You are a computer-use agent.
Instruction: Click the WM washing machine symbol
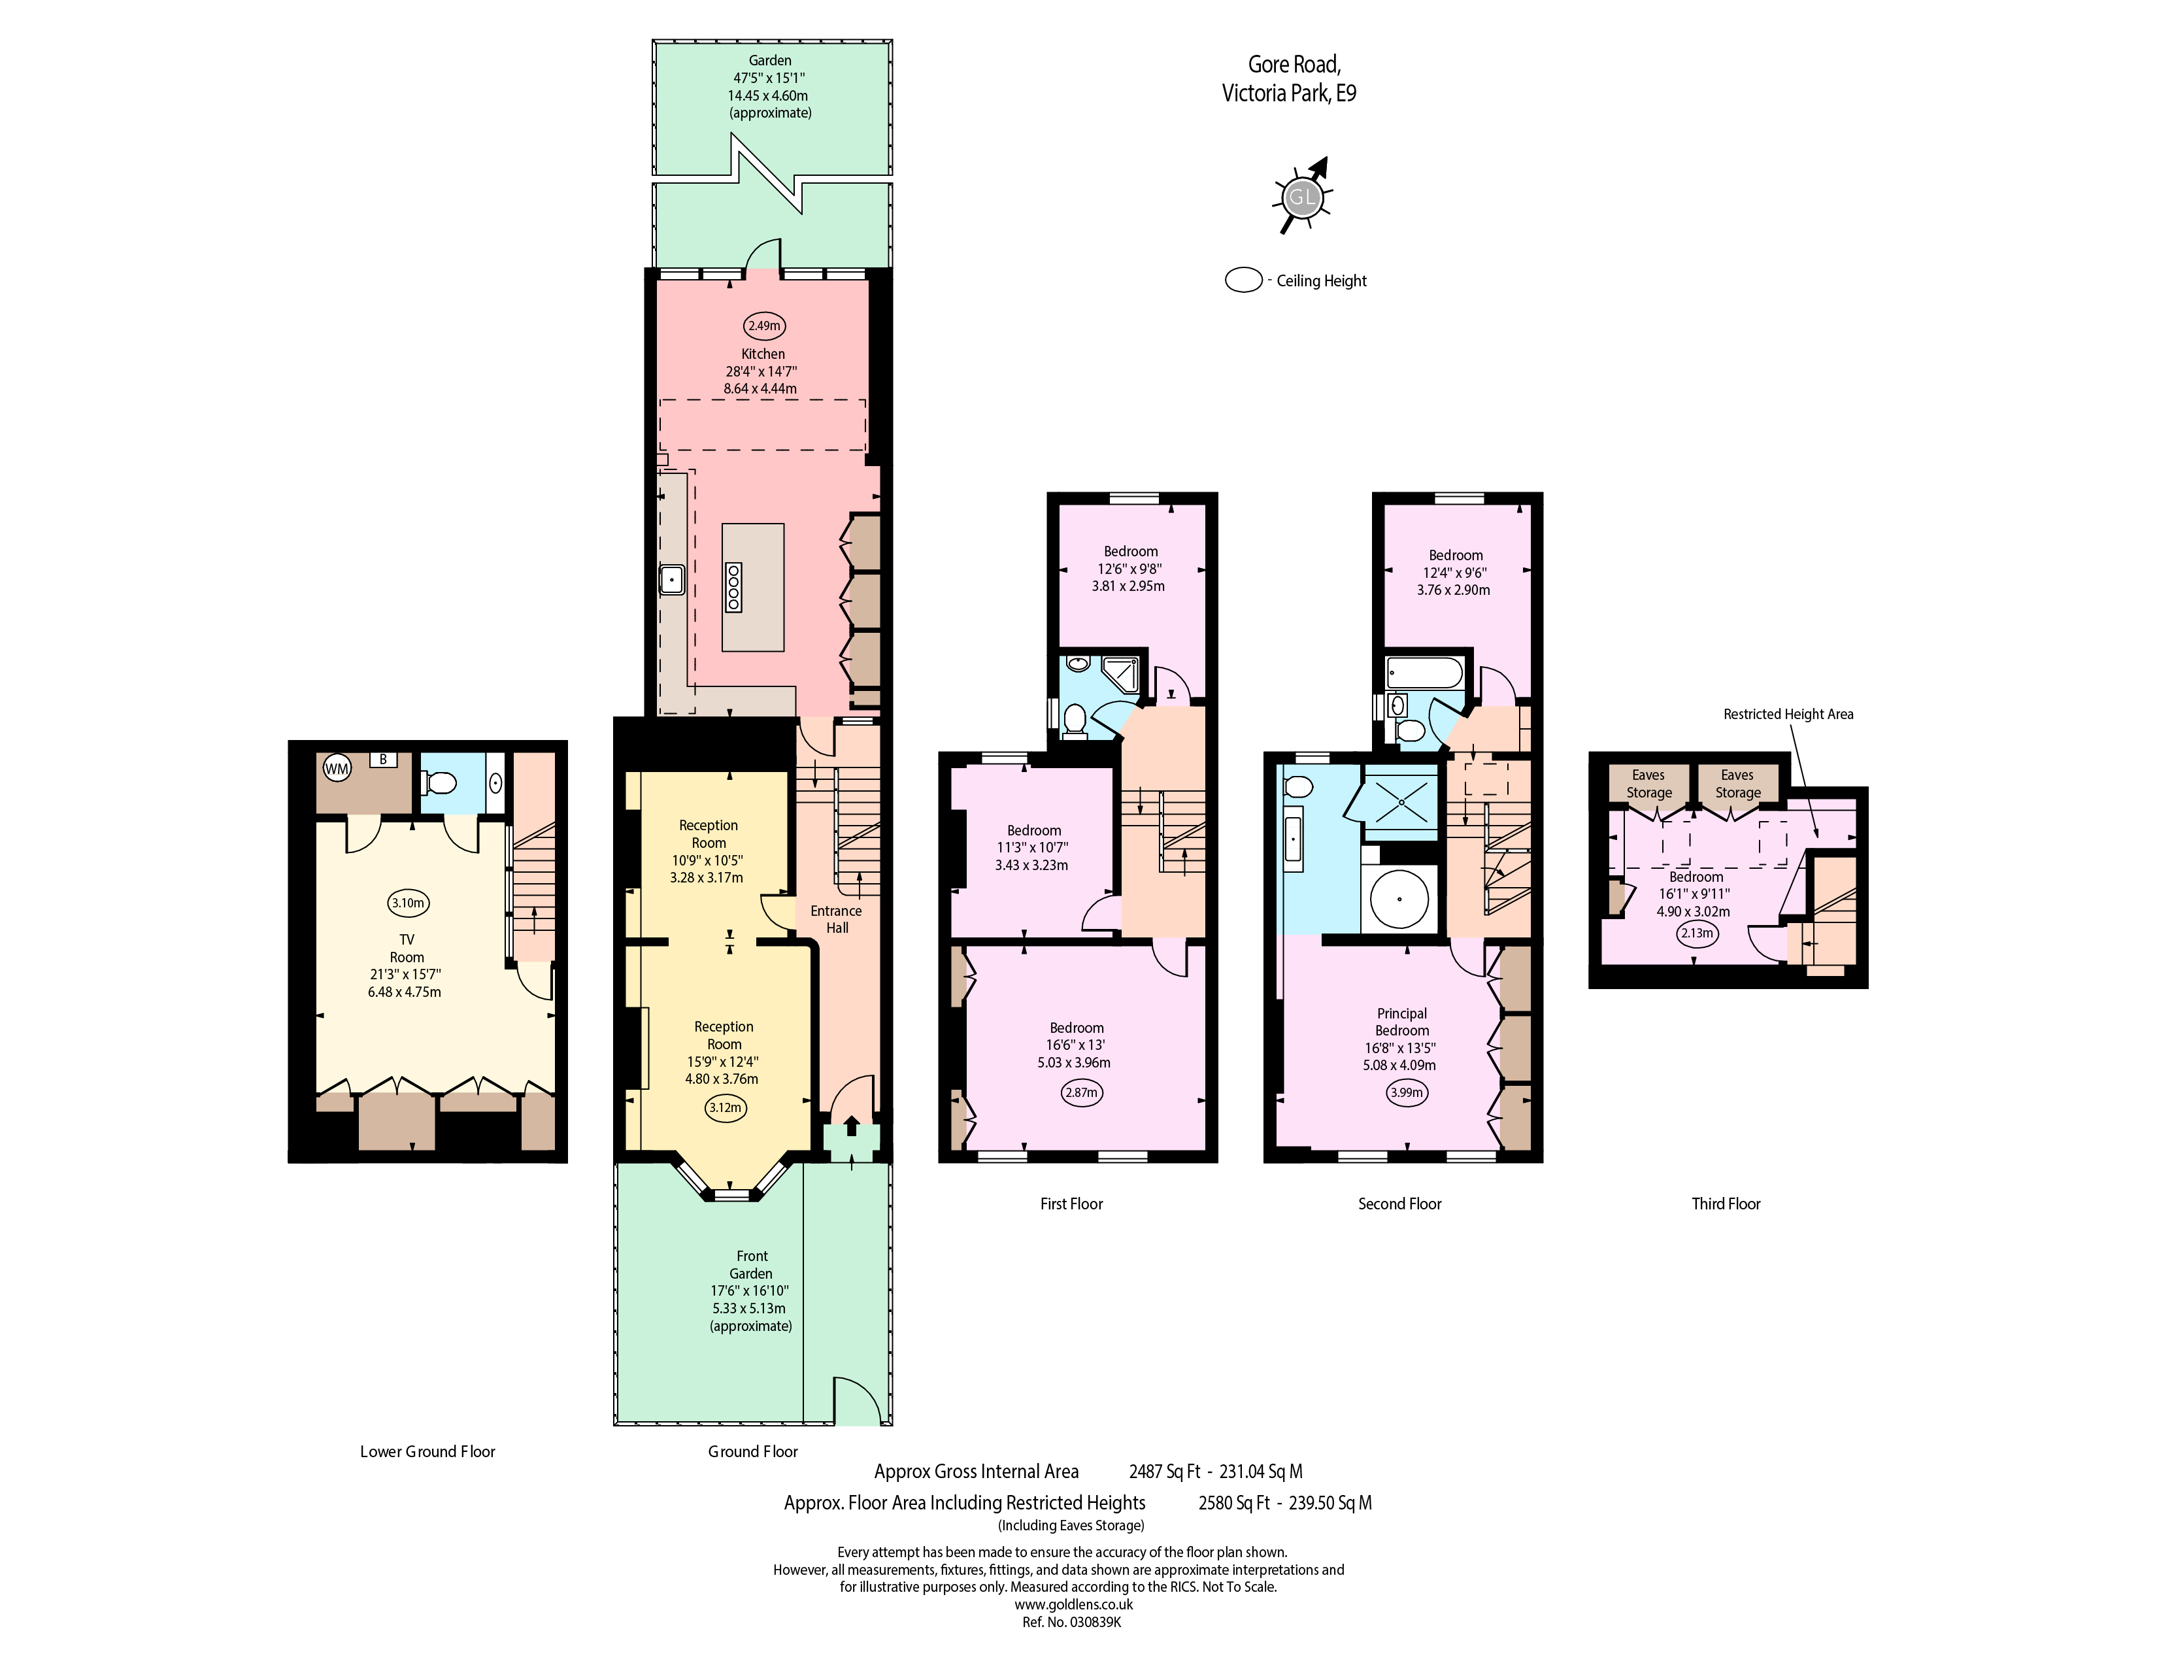(x=338, y=768)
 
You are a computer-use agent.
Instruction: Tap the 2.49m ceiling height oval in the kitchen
(x=763, y=326)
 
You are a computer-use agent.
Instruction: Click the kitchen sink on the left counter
(x=671, y=579)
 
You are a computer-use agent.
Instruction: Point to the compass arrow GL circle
(x=1301, y=197)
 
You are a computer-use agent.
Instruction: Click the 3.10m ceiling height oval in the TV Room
(x=408, y=903)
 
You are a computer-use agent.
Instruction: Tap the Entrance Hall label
(x=837, y=919)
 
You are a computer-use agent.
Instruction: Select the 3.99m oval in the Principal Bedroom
(x=1407, y=1092)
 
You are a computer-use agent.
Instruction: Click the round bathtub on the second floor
(x=1399, y=899)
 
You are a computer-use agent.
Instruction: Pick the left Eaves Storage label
(x=1648, y=784)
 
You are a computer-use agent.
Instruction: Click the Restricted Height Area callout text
(x=1788, y=714)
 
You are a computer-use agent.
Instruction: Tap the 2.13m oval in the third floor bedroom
(x=1697, y=934)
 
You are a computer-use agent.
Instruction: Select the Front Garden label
(x=752, y=1265)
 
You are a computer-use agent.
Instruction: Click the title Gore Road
(x=1294, y=64)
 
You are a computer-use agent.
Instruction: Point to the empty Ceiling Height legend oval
(x=1243, y=280)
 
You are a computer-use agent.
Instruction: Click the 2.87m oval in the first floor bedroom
(x=1082, y=1092)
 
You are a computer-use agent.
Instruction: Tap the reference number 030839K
(x=1096, y=1622)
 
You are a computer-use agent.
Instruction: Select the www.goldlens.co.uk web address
(x=1073, y=1605)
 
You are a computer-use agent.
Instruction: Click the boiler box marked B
(x=383, y=760)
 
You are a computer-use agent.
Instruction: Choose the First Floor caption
(x=1071, y=1204)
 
